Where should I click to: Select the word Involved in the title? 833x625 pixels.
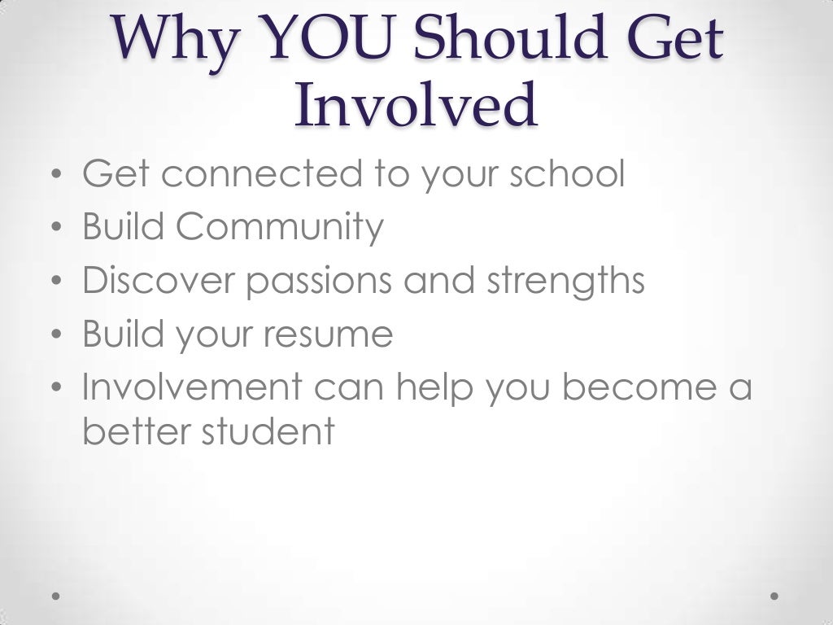pyautogui.click(x=416, y=106)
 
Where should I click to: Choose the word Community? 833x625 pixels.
pyautogui.click(x=279, y=228)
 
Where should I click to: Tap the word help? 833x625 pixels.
pyautogui.click(x=436, y=388)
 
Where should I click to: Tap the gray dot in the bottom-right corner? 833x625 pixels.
pyautogui.click(x=774, y=596)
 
